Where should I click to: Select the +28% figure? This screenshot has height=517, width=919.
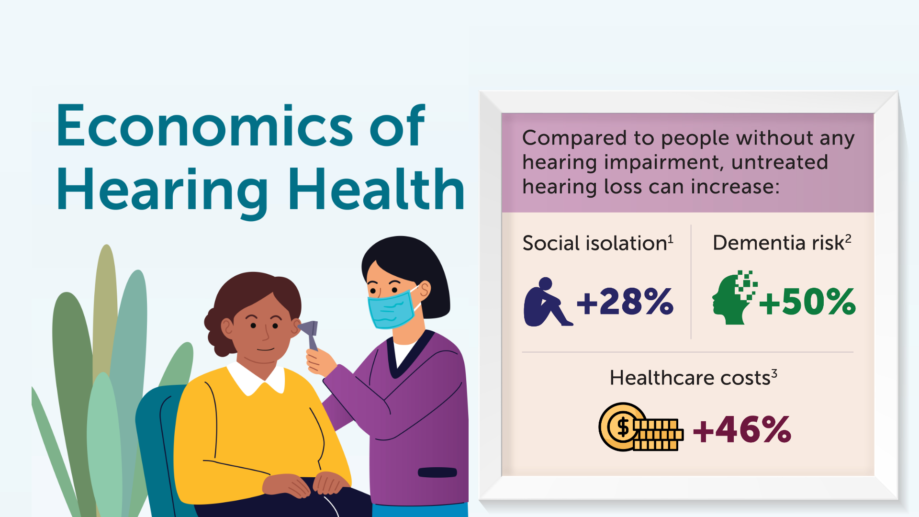(625, 302)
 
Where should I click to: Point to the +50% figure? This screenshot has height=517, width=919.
(807, 302)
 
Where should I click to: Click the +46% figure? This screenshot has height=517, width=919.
(742, 429)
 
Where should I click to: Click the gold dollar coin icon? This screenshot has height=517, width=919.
(622, 427)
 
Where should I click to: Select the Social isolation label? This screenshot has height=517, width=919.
(594, 243)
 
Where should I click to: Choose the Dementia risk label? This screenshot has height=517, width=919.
(778, 243)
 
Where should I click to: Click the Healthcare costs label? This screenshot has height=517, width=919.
(690, 378)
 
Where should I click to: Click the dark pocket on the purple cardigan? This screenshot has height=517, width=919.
(437, 472)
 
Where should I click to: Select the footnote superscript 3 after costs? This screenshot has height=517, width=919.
(774, 373)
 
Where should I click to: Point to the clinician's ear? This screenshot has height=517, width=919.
(424, 289)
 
